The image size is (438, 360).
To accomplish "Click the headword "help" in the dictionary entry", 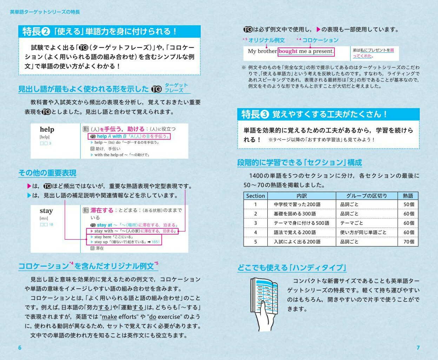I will tap(47, 130).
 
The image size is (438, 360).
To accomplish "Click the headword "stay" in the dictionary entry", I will tap(46, 211).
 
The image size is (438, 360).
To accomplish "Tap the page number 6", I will tap(20, 348).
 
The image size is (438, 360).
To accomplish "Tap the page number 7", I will tap(418, 348).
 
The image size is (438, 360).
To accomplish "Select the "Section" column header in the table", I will tap(255, 196).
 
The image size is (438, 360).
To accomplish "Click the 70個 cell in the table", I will tap(409, 242).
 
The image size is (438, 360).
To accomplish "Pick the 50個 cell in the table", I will tap(409, 204).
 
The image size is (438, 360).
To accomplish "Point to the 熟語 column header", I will tap(408, 196).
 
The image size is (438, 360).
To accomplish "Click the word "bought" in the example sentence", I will tap(288, 51).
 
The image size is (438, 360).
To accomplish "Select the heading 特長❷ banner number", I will tap(46, 32).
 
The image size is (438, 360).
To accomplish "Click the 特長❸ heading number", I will tap(265, 114).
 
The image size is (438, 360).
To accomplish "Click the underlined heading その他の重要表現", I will tap(47, 173).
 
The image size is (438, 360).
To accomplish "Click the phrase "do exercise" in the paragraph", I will tap(165, 317).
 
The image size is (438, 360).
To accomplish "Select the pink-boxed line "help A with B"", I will tap(129, 136).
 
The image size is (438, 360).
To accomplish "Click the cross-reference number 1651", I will tap(155, 242).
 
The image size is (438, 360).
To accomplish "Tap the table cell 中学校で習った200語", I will tap(297, 204).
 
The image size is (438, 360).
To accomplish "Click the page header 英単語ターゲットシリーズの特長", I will tap(45, 12).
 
